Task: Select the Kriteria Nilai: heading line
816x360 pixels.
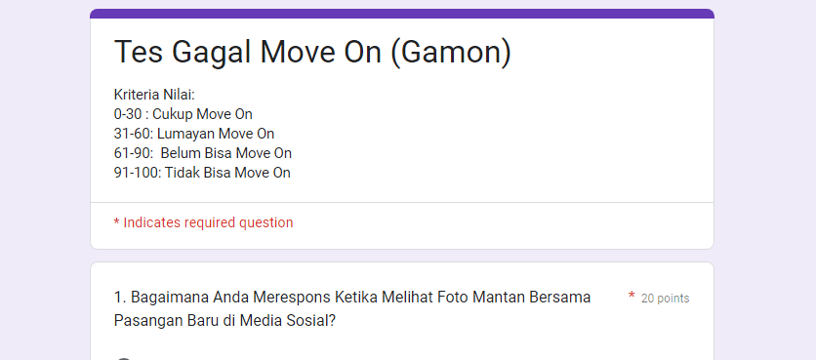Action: pyautogui.click(x=154, y=95)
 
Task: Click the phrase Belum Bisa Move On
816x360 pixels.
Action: pyautogui.click(x=226, y=153)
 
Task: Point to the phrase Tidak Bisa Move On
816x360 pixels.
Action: pyautogui.click(x=227, y=173)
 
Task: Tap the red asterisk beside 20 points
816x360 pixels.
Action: pyautogui.click(x=632, y=297)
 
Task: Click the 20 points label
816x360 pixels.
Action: pyautogui.click(x=665, y=299)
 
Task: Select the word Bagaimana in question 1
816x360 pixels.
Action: pyautogui.click(x=167, y=297)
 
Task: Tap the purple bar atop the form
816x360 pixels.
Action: pyautogui.click(x=402, y=14)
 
